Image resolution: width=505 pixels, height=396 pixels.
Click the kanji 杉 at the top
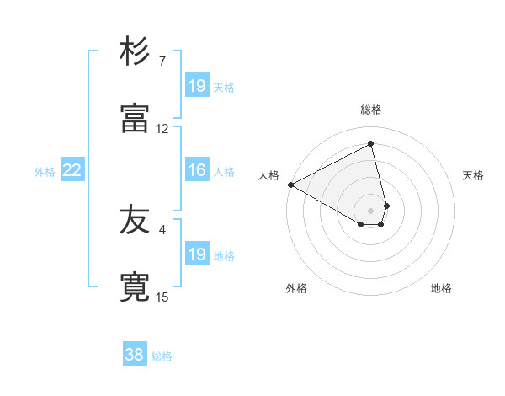pos(135,51)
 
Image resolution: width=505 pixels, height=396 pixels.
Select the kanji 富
pos(135,119)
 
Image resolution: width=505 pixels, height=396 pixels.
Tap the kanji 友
pos(135,220)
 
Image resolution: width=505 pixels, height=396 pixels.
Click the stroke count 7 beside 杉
pos(162,61)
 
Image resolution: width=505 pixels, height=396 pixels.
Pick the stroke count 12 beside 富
pos(162,129)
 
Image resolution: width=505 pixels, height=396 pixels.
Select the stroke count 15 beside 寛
pos(162,297)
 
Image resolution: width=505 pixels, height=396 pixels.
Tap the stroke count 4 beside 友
pos(162,229)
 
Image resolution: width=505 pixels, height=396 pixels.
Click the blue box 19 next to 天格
pos(197,86)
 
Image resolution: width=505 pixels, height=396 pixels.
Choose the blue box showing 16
pos(197,170)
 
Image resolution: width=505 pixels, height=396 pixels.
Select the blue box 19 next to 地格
pos(197,254)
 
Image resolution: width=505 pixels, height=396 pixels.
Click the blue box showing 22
pos(72,170)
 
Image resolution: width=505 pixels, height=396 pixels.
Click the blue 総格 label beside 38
pos(162,356)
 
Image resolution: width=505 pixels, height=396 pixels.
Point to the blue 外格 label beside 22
pos(45,172)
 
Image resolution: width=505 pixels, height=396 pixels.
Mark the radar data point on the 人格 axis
pos(290,185)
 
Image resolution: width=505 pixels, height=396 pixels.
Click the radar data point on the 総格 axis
pos(371,143)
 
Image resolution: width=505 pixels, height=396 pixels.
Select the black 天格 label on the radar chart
pos(474,175)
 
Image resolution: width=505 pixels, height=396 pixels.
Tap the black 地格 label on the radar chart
pos(441,288)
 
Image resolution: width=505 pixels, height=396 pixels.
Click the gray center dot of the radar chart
pos(371,210)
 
